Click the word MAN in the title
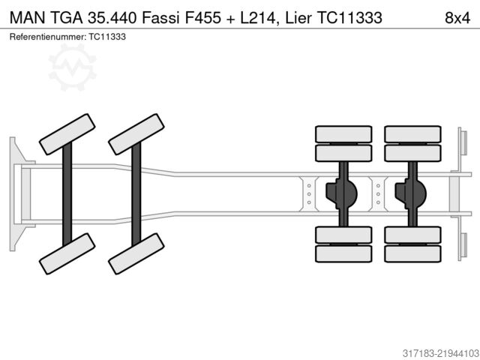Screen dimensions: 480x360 pos(28,17)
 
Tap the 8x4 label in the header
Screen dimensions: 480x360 pos(457,18)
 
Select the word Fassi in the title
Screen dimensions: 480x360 pos(160,17)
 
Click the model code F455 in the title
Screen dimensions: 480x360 pos(202,17)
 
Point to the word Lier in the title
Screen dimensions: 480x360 pos(298,17)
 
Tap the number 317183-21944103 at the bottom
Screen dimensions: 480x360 pos(440,353)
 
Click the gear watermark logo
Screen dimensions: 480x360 pos(73,67)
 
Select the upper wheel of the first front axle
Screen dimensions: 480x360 pos(67,134)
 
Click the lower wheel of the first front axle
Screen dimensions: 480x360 pos(67,253)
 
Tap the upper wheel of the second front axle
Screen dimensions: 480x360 pos(136,134)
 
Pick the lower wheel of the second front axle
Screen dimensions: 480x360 pos(136,253)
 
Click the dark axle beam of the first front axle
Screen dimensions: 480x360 pos(67,194)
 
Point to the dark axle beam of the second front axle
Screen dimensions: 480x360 pos(136,194)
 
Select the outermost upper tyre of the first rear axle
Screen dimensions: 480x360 pos(343,134)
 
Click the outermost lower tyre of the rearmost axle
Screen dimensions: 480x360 pos(412,253)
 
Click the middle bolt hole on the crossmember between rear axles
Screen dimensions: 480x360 pos(378,194)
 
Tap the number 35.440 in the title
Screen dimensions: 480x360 pos(112,17)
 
